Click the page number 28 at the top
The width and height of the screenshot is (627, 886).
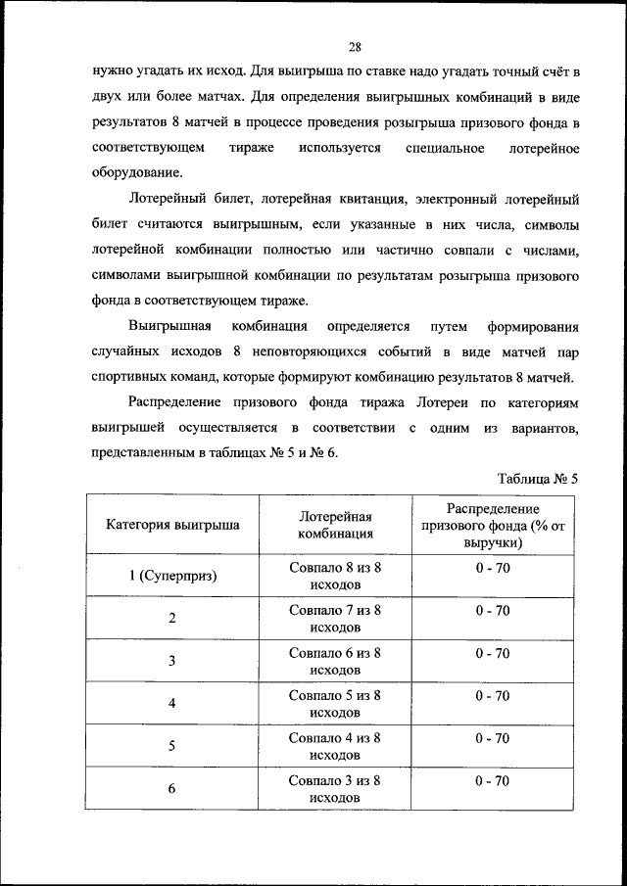pyautogui.click(x=355, y=46)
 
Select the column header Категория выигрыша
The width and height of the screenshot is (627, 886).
pyautogui.click(x=172, y=525)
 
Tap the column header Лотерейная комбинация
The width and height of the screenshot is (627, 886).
pyautogui.click(x=335, y=525)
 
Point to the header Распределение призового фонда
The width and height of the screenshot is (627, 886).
pyautogui.click(x=493, y=525)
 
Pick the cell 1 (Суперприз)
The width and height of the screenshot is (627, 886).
pyautogui.click(x=172, y=576)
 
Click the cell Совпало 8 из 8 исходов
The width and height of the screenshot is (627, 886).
pyautogui.click(x=335, y=576)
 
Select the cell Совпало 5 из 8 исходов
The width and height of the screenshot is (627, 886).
pyautogui.click(x=335, y=704)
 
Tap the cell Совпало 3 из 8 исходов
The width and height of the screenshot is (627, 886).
pyautogui.click(x=335, y=789)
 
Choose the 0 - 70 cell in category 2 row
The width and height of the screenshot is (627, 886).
pyautogui.click(x=493, y=610)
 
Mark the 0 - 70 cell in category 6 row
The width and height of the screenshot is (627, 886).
pyautogui.click(x=493, y=780)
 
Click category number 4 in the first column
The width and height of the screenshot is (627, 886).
pyautogui.click(x=172, y=704)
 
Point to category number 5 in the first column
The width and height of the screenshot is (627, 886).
pyautogui.click(x=172, y=746)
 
